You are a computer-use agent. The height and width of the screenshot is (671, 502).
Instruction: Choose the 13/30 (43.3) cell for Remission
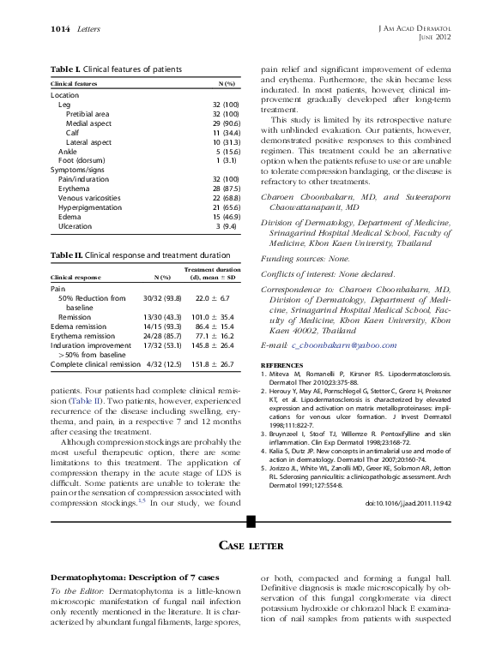149,316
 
